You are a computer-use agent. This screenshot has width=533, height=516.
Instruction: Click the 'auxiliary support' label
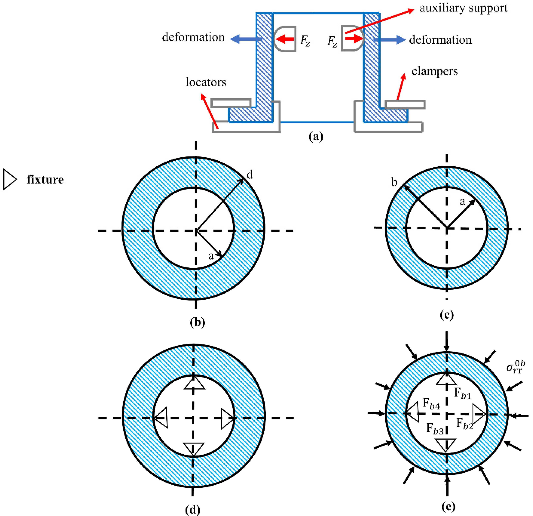pyautogui.click(x=463, y=8)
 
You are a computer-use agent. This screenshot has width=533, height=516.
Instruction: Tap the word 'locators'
pyautogui.click(x=206, y=82)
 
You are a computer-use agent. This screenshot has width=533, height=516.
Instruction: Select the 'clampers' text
pyautogui.click(x=434, y=71)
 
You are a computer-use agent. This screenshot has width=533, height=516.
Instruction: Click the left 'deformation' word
pyautogui.click(x=193, y=37)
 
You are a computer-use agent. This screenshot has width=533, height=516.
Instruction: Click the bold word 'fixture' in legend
pyautogui.click(x=45, y=180)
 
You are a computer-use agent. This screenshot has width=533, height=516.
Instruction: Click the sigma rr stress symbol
pyautogui.click(x=515, y=367)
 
